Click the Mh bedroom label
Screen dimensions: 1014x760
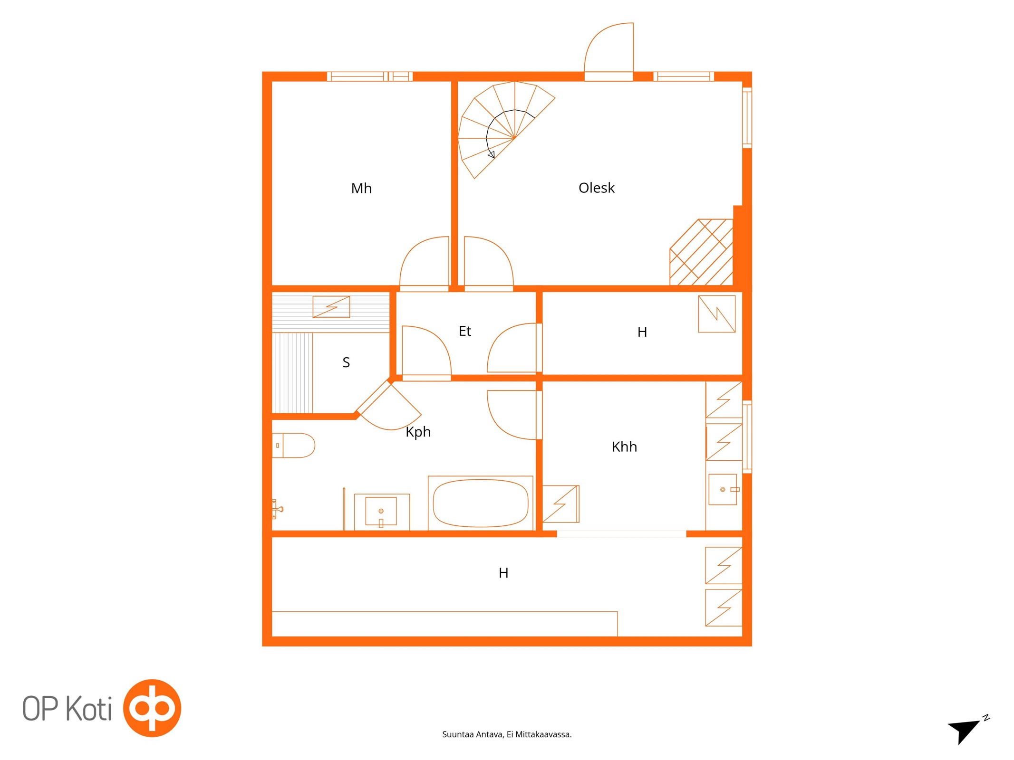pos(361,188)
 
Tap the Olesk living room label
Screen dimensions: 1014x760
pos(596,188)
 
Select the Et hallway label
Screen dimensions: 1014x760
pos(465,331)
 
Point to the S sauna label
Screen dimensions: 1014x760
pos(346,362)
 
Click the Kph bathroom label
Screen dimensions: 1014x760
pos(418,432)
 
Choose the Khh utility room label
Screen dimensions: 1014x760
pos(624,446)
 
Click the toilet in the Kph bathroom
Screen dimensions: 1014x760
pos(293,445)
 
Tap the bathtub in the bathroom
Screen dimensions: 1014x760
pos(481,503)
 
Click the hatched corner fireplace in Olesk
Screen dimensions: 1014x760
pos(701,252)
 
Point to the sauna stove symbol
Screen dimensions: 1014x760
pos(331,307)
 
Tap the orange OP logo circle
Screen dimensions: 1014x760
pos(152,708)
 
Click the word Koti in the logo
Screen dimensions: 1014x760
pos(88,709)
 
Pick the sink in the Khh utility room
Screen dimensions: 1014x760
pos(723,489)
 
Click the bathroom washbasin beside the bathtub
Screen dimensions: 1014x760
pos(381,512)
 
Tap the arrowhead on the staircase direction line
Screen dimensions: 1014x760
pos(492,154)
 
